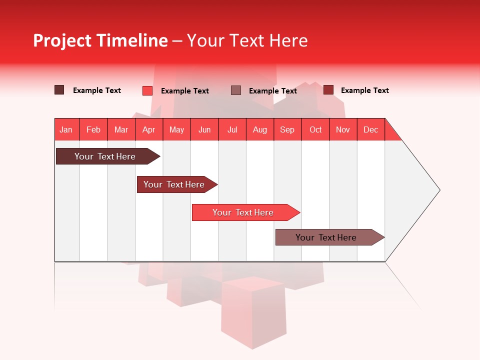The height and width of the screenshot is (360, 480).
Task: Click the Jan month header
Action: coord(66,129)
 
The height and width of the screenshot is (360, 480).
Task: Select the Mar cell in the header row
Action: coord(121,129)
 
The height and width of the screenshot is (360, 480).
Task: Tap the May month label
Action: coord(176,129)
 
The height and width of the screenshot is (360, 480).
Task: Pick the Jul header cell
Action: coord(232,129)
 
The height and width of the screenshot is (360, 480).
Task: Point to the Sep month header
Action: coord(287,129)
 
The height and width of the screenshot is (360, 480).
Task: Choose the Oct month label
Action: coord(315,129)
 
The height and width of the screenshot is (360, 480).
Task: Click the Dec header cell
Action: coord(370,129)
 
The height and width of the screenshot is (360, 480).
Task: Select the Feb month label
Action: coord(93,129)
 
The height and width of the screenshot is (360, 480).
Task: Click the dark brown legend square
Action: coord(59,90)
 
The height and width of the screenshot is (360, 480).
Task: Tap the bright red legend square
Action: coord(147,90)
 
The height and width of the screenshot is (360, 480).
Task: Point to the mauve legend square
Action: coord(236,90)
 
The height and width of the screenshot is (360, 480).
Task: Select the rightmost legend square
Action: coord(328,90)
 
